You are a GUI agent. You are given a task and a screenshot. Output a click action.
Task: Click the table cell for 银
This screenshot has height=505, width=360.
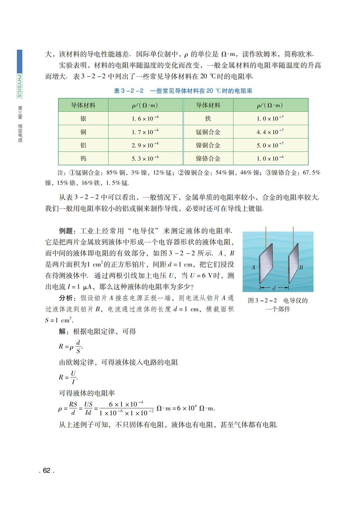[83, 119]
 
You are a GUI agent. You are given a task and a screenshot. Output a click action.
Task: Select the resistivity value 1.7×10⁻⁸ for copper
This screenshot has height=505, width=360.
[145, 132]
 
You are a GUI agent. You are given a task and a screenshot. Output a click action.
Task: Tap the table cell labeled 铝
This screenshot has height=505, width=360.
[83, 145]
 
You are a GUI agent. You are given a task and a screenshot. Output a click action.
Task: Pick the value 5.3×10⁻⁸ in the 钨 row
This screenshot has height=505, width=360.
[145, 159]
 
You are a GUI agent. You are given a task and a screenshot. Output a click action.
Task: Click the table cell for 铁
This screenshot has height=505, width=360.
[208, 119]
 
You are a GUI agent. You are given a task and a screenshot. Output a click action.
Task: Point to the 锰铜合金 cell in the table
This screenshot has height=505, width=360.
[208, 132]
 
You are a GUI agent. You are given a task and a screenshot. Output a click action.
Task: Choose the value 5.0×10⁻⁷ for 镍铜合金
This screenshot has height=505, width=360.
[270, 145]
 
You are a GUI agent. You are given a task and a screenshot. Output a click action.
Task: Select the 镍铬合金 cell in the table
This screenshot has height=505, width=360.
[208, 159]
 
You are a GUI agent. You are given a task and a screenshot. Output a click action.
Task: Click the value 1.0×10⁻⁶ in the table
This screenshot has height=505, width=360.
[270, 159]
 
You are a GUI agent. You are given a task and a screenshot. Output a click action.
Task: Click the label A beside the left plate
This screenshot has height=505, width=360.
[253, 268]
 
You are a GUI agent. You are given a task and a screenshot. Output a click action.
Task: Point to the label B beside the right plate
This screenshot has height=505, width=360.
[301, 268]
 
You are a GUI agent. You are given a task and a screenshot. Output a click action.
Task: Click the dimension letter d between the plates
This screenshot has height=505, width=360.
[274, 288]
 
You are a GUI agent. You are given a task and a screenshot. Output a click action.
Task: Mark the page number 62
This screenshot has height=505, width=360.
[46, 471]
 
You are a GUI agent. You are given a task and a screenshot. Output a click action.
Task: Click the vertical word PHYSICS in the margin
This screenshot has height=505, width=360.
[19, 86]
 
